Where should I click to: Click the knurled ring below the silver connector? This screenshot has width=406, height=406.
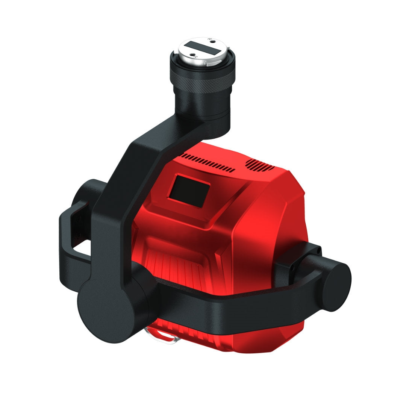(x=203, y=81)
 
